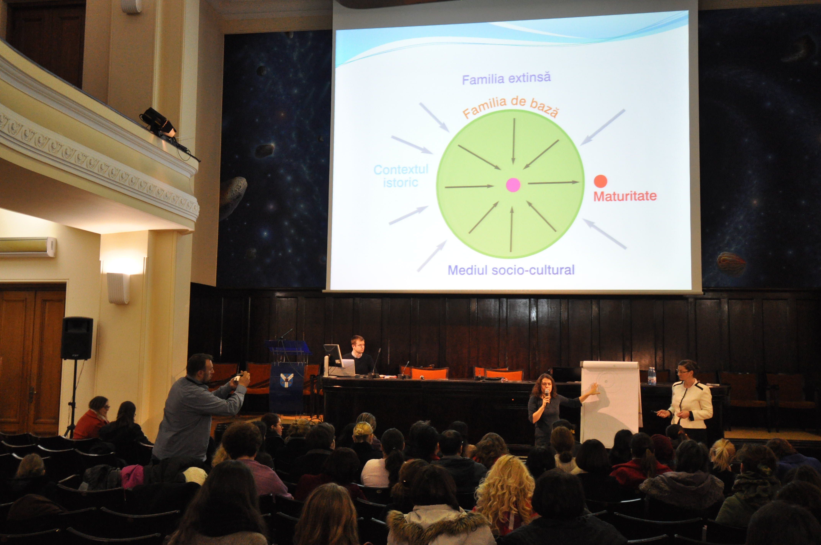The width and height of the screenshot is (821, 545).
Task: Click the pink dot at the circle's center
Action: coord(513,185)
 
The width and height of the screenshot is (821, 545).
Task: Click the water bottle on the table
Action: coord(652,376)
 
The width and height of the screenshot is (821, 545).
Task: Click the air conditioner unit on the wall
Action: coord(28,247)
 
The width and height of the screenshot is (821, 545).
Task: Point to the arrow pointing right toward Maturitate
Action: coord(554,183)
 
